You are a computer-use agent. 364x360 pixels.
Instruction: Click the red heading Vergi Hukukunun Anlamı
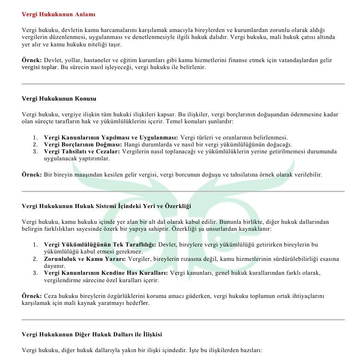58,14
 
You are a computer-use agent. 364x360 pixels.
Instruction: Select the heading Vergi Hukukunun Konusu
59,98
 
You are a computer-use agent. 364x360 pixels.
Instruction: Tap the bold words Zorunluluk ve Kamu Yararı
84,259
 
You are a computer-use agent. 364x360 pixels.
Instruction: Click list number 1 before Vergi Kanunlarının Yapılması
35,138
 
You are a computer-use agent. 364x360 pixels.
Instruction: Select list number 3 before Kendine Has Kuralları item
35,273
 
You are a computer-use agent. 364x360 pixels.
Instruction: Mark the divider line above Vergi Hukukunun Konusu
183,84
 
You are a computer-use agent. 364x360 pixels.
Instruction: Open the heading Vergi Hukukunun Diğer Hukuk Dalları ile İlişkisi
92,334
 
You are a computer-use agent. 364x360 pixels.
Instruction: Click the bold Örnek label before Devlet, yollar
32,60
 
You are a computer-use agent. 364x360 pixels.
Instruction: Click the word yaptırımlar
96,158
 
